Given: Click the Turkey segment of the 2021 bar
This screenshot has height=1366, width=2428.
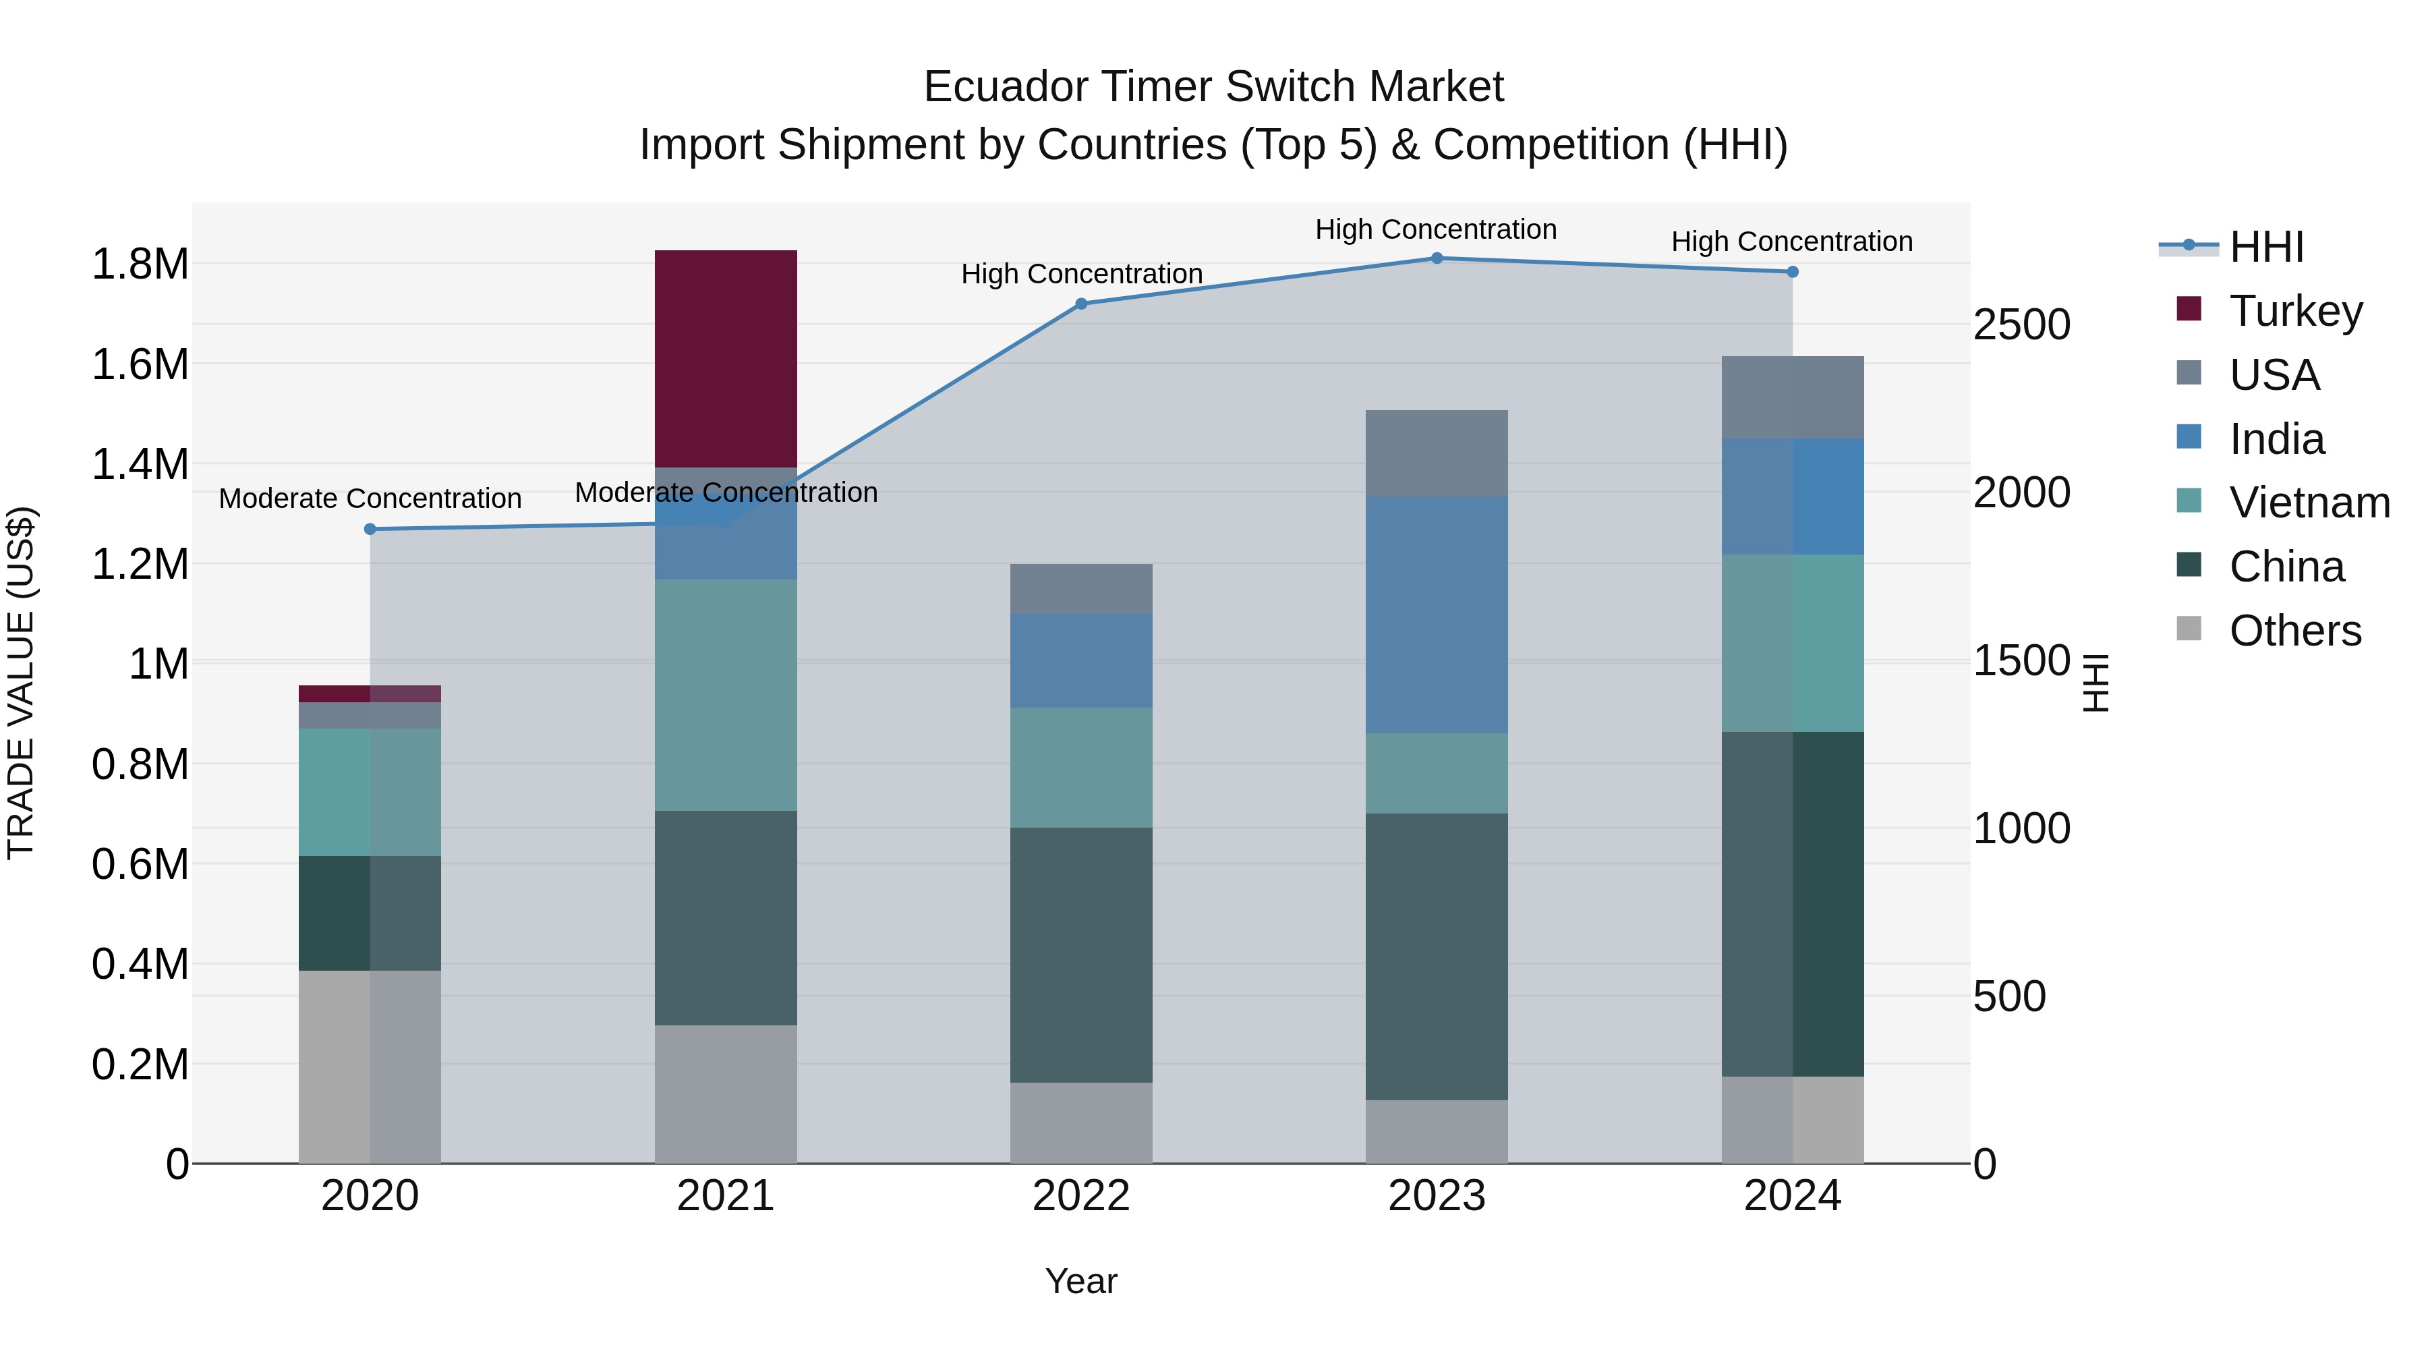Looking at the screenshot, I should (725, 358).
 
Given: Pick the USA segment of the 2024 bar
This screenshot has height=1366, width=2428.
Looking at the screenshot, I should (1792, 397).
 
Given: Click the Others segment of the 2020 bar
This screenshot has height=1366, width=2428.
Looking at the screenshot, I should (370, 1066).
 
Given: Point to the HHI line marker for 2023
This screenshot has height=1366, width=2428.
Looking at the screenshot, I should (1437, 258).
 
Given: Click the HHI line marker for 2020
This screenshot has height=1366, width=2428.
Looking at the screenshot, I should (370, 529).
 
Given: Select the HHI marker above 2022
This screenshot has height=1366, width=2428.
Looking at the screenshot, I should (1081, 304).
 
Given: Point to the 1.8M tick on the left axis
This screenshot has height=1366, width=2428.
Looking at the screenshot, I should (140, 264).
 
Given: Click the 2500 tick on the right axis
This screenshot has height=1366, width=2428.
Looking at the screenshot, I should (2022, 324).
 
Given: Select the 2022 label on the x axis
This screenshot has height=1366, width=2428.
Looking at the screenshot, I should (1081, 1195).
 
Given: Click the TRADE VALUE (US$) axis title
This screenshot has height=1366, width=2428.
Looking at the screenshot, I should (21, 683).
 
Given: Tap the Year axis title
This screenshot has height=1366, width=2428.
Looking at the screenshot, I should (1081, 1281).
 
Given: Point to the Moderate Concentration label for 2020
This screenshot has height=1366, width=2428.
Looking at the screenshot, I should (370, 498).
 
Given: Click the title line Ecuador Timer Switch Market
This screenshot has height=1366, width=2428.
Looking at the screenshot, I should (1213, 87).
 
